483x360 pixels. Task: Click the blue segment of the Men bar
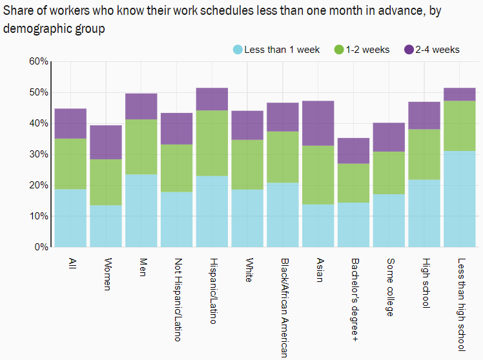141,210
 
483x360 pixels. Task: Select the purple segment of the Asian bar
318,123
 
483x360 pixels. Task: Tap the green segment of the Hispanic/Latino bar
212,143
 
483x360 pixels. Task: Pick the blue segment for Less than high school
460,199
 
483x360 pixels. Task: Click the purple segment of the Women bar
106,142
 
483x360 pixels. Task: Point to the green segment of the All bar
70,164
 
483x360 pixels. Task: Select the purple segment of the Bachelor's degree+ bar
353,150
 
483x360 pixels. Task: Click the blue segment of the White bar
247,218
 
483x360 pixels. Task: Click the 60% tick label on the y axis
39,61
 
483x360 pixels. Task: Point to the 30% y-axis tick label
39,154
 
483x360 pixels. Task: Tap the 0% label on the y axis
41,247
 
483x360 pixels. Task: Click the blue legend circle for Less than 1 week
238,50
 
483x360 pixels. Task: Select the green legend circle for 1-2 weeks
339,50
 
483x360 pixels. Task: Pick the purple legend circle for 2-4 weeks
409,50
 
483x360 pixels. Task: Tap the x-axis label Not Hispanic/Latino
178,299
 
